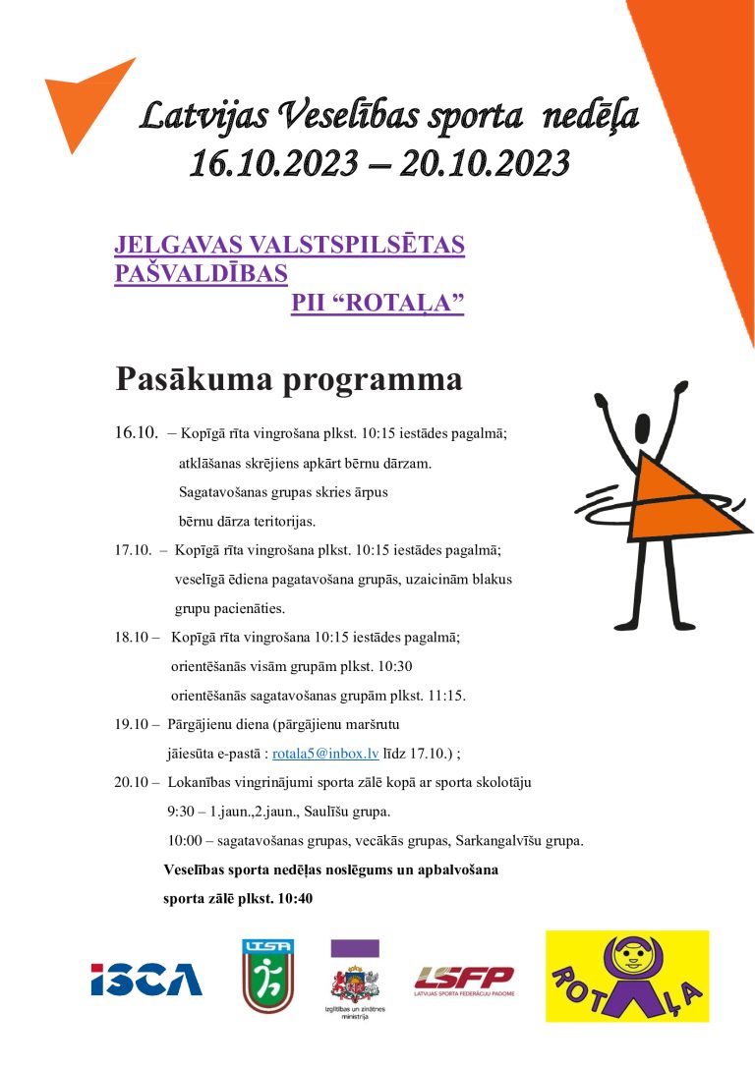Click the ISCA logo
pos(146,979)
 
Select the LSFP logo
pos(464,979)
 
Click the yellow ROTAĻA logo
pos(627,976)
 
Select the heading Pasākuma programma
pos(289,378)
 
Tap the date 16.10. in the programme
pos(136,432)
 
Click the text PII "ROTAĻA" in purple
pos(377,304)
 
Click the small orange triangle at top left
pos(83,100)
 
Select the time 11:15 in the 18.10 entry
pos(446,696)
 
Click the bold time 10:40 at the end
pos(295,898)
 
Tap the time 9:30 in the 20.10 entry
pos(183,813)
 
